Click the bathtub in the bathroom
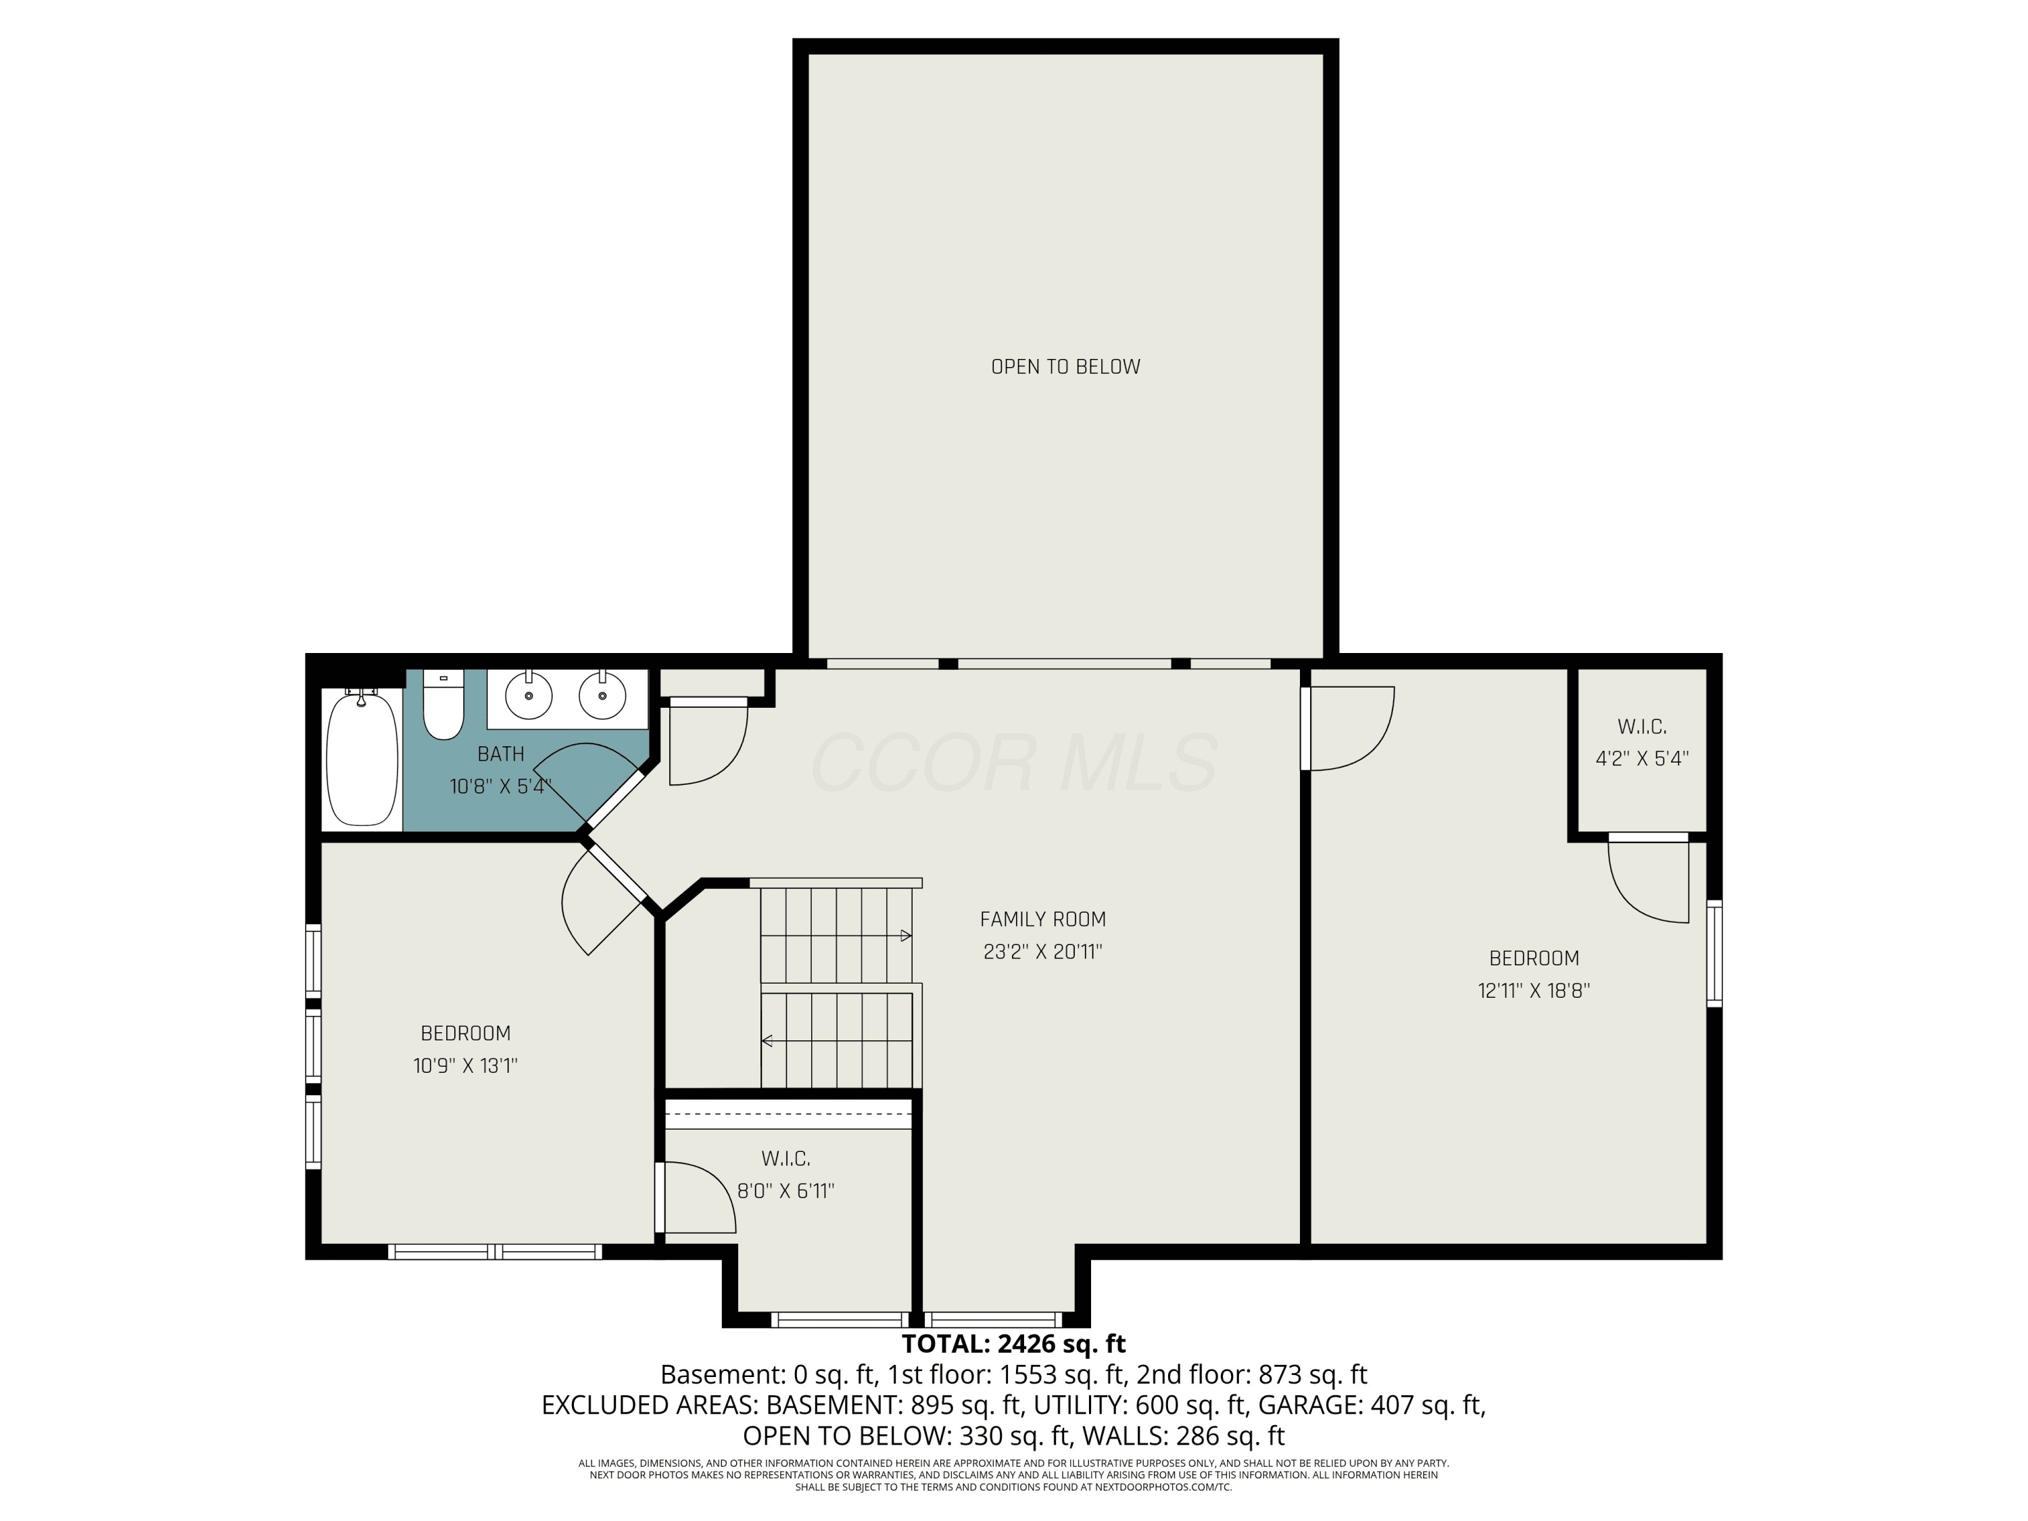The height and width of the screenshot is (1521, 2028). pos(362,759)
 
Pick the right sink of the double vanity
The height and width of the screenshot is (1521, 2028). pos(602,696)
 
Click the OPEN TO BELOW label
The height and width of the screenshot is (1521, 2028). pos(1065,366)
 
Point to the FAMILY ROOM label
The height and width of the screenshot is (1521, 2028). pos(1042,919)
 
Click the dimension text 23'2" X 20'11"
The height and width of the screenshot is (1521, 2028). pos(1042,952)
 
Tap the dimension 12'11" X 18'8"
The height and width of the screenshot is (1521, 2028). pos(1534,990)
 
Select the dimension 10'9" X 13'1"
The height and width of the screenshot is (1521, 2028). pos(465,1065)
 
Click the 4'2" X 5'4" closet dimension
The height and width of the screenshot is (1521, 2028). pos(1642,758)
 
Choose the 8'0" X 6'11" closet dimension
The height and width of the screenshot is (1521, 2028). pos(786,1191)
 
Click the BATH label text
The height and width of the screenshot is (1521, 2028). pos(501,754)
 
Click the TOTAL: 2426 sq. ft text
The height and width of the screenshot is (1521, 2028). pos(1013,1344)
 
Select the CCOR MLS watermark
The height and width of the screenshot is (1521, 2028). pos(1014,763)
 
